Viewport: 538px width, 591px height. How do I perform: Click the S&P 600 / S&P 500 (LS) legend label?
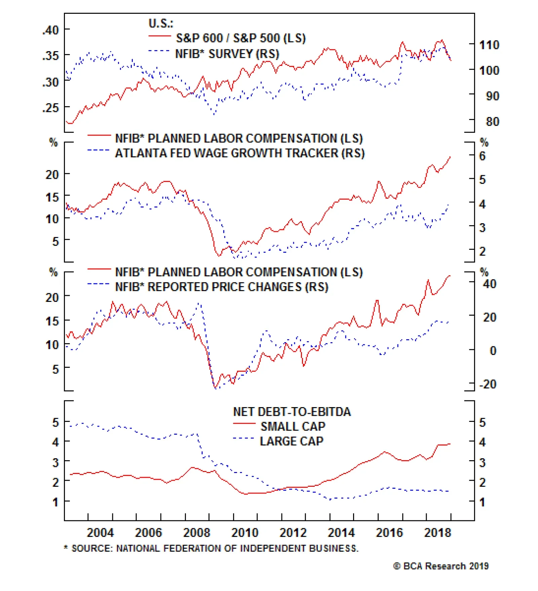point(240,38)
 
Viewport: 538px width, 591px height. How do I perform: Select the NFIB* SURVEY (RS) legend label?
point(227,54)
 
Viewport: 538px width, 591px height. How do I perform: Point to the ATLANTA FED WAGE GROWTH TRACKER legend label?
point(239,153)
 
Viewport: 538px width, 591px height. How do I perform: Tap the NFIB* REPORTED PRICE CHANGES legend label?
point(221,287)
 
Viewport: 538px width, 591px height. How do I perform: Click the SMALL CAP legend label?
point(293,427)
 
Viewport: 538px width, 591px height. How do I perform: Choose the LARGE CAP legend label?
point(292,441)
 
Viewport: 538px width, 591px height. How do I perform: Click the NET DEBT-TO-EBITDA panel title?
point(292,412)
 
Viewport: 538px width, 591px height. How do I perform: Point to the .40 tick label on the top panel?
point(50,30)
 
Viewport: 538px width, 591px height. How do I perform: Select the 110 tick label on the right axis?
point(489,45)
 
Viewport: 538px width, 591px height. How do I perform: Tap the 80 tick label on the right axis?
point(492,121)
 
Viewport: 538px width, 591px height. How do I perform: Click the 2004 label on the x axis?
point(100,533)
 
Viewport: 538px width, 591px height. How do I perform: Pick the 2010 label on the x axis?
point(245,533)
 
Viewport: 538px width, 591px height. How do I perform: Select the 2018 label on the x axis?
point(437,533)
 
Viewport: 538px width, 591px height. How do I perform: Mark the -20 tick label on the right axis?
point(488,384)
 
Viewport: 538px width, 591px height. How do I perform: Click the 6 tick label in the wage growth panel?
point(483,156)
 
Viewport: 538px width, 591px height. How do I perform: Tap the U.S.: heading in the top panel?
point(161,23)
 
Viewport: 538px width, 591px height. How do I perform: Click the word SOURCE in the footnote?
point(92,549)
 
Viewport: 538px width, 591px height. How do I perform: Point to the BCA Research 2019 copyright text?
point(441,566)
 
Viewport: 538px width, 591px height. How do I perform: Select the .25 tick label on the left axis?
point(50,108)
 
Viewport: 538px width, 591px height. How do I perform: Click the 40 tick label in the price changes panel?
point(489,284)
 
